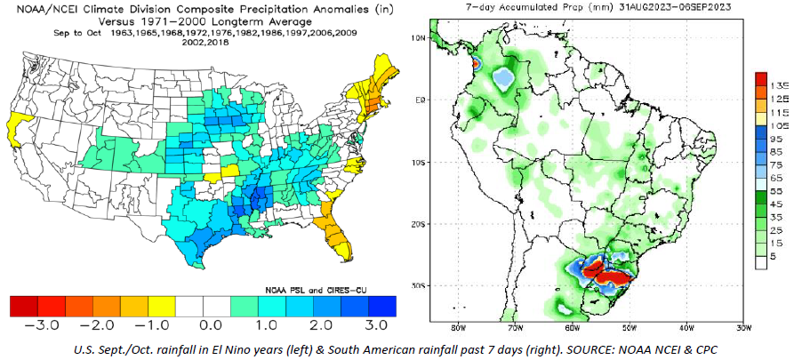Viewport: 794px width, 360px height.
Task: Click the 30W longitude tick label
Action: (x=742, y=327)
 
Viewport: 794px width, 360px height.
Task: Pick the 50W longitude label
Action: (x=629, y=327)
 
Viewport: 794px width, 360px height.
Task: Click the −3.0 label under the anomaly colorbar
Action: (x=37, y=324)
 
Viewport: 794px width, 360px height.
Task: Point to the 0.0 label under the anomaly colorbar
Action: (x=203, y=324)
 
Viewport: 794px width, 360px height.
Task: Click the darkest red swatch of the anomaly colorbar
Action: (x=24, y=307)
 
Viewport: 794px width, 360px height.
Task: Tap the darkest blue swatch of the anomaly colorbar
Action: (x=382, y=307)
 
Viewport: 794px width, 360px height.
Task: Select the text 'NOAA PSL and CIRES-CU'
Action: (x=316, y=290)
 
